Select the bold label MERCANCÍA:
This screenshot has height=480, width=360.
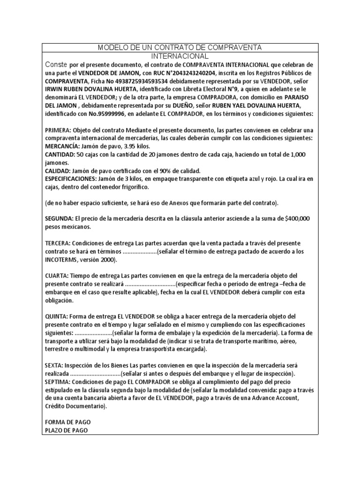point(63,146)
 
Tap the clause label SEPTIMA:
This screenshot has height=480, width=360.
point(59,382)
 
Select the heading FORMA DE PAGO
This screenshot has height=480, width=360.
point(67,422)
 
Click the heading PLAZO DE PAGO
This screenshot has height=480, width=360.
point(66,430)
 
